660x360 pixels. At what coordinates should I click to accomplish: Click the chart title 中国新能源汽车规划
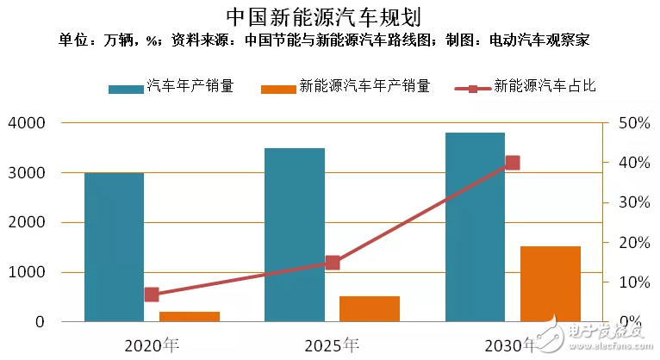[330, 16]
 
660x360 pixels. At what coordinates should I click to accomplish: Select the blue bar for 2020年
[114, 247]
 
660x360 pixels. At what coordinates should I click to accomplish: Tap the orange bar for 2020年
[190, 316]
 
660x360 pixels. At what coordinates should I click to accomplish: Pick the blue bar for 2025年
[295, 235]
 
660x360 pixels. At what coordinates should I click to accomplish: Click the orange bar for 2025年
[370, 308]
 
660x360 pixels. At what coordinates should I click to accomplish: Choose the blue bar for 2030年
[475, 227]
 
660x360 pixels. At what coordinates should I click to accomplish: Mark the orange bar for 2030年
[551, 284]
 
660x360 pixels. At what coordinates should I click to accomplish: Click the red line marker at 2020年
[152, 295]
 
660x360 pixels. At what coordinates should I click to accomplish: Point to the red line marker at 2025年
[333, 263]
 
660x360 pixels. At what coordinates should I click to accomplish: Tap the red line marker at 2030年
[513, 163]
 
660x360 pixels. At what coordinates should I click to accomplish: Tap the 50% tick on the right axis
[634, 123]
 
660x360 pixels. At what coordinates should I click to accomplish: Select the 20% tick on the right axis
[634, 242]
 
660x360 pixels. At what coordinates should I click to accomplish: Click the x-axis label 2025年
[332, 345]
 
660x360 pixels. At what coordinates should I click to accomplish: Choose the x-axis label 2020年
[152, 345]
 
